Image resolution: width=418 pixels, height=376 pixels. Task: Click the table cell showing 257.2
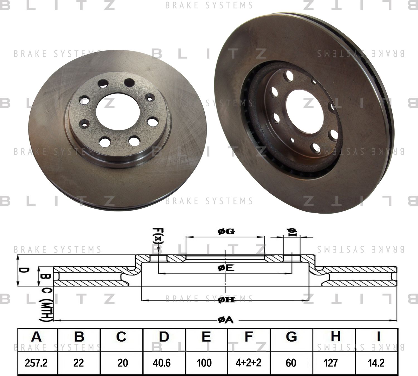[x=36, y=363]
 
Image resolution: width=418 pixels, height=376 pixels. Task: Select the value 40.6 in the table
[x=163, y=363]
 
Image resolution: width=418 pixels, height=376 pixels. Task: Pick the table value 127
[x=331, y=363]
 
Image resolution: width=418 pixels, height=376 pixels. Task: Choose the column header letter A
[x=36, y=337]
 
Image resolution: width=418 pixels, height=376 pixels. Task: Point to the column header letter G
[x=291, y=337]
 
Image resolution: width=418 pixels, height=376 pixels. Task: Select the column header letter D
[x=164, y=337]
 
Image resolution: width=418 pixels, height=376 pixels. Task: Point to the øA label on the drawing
[x=226, y=321]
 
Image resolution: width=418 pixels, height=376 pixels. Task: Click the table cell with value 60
[x=291, y=363]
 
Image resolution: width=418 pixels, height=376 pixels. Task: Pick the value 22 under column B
[x=79, y=363]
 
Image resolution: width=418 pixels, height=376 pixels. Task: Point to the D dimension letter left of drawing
[x=25, y=271]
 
